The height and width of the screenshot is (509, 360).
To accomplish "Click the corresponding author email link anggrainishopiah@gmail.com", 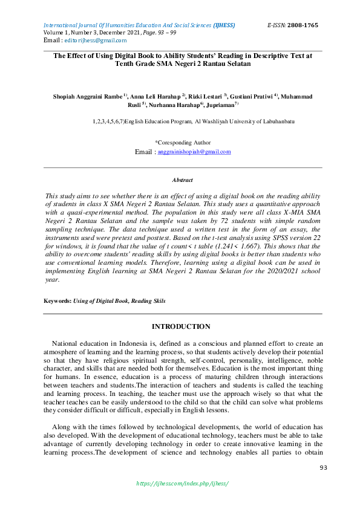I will click(194, 152).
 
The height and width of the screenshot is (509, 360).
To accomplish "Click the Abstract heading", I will click(183, 180).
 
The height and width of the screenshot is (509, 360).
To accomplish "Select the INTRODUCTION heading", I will click(181, 326).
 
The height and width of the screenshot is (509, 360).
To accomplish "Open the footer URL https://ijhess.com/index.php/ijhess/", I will click(182, 484).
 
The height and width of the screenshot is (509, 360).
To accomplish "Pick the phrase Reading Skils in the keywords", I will click(145, 300).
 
